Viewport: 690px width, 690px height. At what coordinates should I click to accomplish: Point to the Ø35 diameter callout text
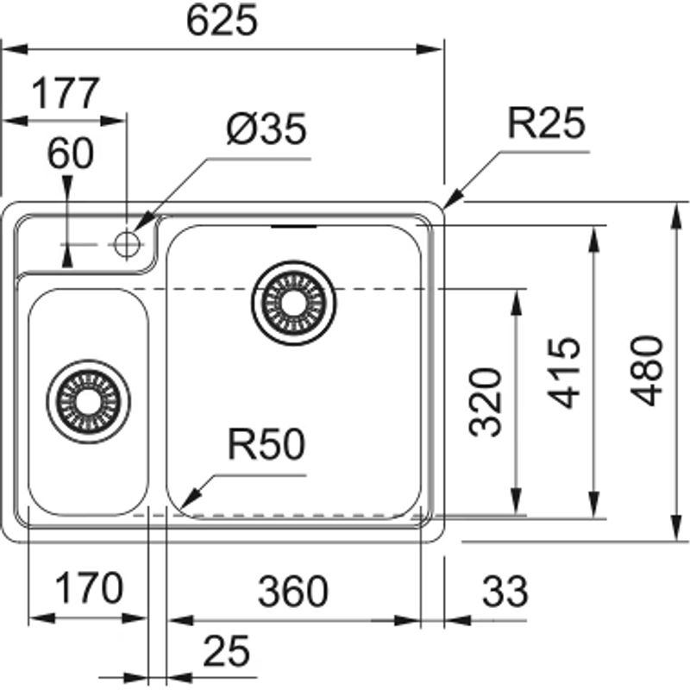[x=265, y=130]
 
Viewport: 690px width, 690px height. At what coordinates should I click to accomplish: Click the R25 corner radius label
[x=545, y=124]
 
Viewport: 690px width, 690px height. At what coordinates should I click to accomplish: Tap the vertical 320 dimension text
[x=487, y=401]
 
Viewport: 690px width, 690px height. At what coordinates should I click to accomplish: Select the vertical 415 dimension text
[x=565, y=373]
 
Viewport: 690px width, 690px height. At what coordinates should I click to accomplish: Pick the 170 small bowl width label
[x=88, y=591]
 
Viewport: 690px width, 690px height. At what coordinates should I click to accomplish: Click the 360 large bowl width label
[x=293, y=592]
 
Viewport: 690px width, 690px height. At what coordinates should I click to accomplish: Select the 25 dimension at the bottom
[x=227, y=649]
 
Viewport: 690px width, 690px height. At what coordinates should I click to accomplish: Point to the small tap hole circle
[x=127, y=244]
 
